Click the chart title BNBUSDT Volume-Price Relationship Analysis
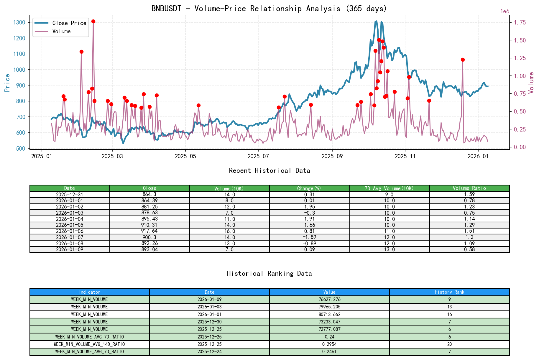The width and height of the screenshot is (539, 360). [269, 9]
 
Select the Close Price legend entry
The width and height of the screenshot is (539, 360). [69, 23]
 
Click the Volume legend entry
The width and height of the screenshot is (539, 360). [61, 31]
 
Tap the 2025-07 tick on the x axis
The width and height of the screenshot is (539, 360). [258, 156]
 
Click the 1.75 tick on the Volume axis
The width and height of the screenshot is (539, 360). [520, 22]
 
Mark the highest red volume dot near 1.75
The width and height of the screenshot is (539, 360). [93, 21]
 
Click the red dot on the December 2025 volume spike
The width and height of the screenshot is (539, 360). [463, 60]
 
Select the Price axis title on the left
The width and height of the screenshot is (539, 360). [7, 83]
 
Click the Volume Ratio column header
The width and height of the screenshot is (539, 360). [469, 188]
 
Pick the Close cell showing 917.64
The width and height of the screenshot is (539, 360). [149, 231]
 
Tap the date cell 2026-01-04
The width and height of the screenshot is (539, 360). [70, 219]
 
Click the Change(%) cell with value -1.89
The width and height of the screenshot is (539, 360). [309, 237]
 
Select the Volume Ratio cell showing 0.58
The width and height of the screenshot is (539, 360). [469, 249]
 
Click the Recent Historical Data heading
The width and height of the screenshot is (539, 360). [269, 170]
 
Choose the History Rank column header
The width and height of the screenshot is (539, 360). [449, 292]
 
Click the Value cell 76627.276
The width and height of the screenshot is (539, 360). [329, 299]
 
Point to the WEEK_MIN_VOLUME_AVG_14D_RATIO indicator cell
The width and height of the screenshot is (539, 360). [89, 344]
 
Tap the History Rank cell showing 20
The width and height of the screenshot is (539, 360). [449, 344]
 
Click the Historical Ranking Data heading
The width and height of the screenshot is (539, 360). [269, 273]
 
